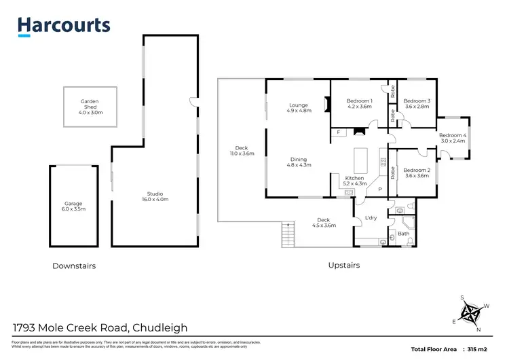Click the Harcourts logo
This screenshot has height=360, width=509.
[x=63, y=25]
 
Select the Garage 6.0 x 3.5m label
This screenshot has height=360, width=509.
[x=74, y=206]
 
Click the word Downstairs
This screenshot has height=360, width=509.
[x=74, y=266]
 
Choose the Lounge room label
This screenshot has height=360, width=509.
[x=299, y=107]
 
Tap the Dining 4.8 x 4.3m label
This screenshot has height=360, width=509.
[x=299, y=162]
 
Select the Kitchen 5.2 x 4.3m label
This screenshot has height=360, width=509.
[x=355, y=180]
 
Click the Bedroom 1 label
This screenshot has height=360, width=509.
[x=360, y=103]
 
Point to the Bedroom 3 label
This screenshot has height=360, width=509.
[x=417, y=103]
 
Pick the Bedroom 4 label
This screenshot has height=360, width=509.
[x=452, y=138]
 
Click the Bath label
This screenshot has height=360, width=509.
[x=403, y=234]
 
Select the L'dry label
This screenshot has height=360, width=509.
[x=371, y=217]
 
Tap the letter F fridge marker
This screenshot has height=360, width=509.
[x=338, y=132]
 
